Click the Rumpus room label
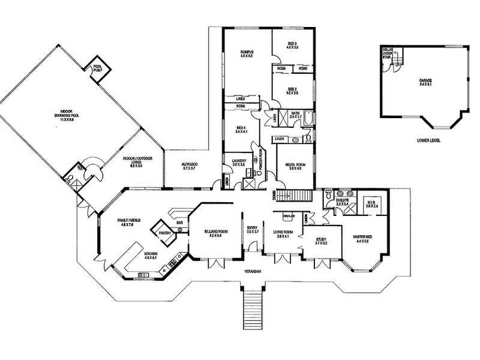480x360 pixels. [x=247, y=54]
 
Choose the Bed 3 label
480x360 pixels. [x=292, y=46]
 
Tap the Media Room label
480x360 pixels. [x=292, y=167]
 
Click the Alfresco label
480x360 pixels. [x=190, y=166]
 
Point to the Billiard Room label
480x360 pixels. [x=215, y=233]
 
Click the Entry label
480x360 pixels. [x=253, y=229]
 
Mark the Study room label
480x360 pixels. [x=321, y=241]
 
